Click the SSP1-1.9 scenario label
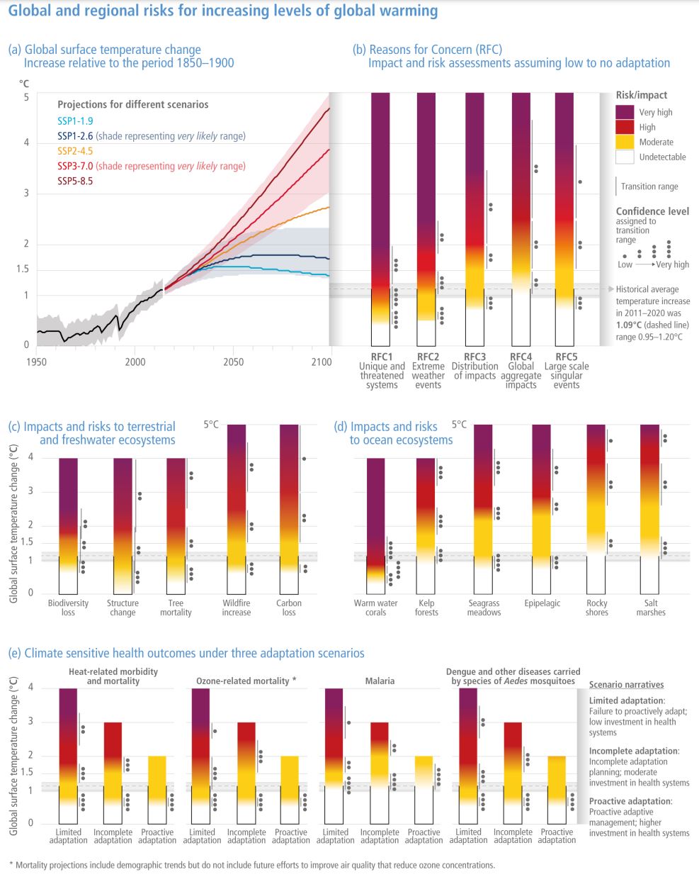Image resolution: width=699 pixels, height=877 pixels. coord(74,121)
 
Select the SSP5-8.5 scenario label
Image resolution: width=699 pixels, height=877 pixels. coord(75,181)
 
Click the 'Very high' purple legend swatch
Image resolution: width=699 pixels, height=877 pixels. coord(625,112)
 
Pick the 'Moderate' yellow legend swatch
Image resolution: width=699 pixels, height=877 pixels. coord(625,142)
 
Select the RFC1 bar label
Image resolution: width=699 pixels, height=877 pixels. coord(381,357)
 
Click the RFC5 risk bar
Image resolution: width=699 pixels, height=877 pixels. coord(564,213)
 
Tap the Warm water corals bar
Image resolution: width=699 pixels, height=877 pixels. coord(375,525)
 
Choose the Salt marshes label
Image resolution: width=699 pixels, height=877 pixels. coord(651,608)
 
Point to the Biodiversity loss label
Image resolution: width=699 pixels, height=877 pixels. coord(68,608)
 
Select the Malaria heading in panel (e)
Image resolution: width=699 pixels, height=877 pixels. coord(380,681)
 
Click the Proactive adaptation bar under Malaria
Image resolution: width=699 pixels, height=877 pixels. coord(424,787)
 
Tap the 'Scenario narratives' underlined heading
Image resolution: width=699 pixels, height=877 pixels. coord(626,685)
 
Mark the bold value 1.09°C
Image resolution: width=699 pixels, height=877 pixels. coord(629,325)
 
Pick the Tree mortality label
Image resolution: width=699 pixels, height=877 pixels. coord(176,608)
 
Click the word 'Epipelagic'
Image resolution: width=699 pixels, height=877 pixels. coord(542,603)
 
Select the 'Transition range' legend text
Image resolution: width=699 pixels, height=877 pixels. coord(649,186)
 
